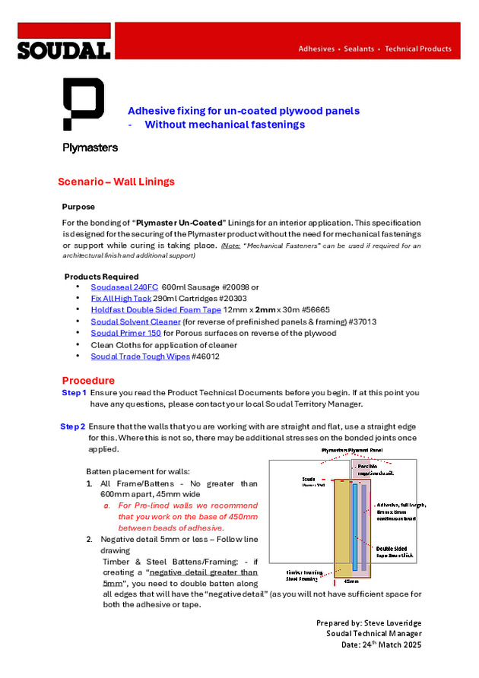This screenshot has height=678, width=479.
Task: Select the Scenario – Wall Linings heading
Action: point(116,182)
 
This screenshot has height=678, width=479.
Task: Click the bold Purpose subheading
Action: point(78,207)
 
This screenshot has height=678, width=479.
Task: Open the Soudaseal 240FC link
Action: point(124,287)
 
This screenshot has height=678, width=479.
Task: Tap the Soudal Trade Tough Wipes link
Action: point(140,356)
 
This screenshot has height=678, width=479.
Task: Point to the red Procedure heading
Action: point(88,380)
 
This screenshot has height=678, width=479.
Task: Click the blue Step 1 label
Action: point(74,392)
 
